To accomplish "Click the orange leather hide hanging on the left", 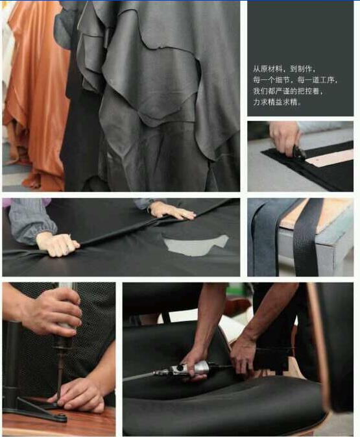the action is [36, 95].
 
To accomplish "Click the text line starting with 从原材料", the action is [285, 69].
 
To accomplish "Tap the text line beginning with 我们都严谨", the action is [288, 91].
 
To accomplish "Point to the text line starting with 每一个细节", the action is [295, 80].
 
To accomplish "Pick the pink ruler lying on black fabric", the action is [330, 158].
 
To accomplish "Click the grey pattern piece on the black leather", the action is [197, 245].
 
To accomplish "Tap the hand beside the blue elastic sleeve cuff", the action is [58, 244].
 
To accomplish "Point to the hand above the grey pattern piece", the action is [172, 210].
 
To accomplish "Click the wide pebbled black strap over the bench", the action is [307, 238].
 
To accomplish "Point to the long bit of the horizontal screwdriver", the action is [147, 375].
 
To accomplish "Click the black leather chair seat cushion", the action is [222, 401].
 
